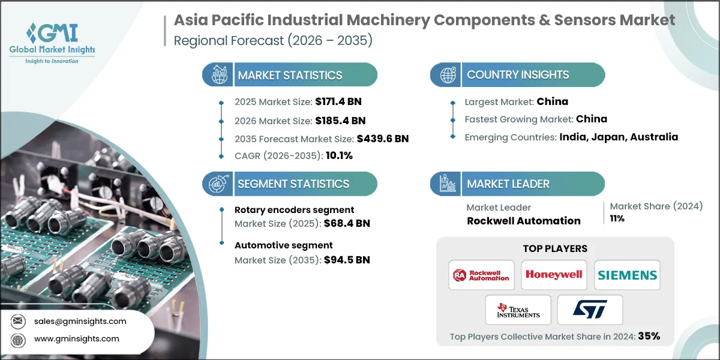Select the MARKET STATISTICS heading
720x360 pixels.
290,75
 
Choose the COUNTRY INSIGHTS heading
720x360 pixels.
518,75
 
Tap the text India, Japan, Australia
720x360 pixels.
619,137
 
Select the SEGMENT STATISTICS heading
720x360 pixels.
293,184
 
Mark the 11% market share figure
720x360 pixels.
617,218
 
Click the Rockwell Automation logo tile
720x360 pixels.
482,275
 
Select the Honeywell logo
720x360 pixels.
554,275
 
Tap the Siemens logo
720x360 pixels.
627,275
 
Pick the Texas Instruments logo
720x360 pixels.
518,310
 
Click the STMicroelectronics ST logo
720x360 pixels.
590,310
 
